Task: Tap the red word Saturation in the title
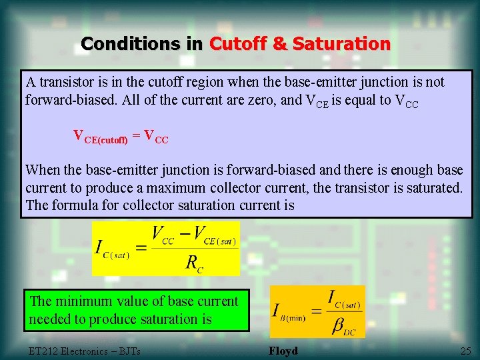click(341, 44)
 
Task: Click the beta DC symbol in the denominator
click(339, 326)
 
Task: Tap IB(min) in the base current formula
click(288, 312)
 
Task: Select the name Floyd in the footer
click(283, 351)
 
